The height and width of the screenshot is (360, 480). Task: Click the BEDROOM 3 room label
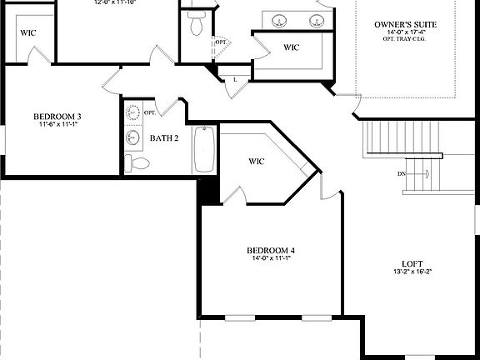[57, 116]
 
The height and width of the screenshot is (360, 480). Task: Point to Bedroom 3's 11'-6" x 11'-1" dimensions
[57, 125]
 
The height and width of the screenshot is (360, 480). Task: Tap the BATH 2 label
[164, 137]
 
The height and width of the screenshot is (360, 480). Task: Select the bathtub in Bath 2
[203, 149]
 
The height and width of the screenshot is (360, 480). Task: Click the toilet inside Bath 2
[138, 162]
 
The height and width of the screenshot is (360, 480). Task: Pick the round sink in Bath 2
[132, 137]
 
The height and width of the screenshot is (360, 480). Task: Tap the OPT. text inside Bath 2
[150, 112]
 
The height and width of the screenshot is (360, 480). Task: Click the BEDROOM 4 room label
[271, 250]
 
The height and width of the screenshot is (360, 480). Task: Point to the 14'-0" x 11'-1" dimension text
[271, 259]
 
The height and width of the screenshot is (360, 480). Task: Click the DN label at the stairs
[401, 174]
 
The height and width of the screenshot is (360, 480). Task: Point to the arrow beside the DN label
[421, 174]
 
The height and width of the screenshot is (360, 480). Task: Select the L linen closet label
[235, 79]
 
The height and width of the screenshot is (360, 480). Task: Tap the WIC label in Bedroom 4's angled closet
[257, 161]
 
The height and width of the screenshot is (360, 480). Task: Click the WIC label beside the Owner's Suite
[291, 47]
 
